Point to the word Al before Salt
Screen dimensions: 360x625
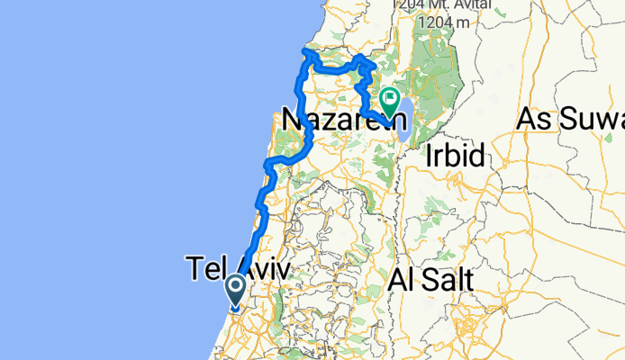coord(401,280)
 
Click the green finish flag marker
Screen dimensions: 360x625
coord(391,102)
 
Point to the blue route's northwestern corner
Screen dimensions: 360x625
coord(306,53)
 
